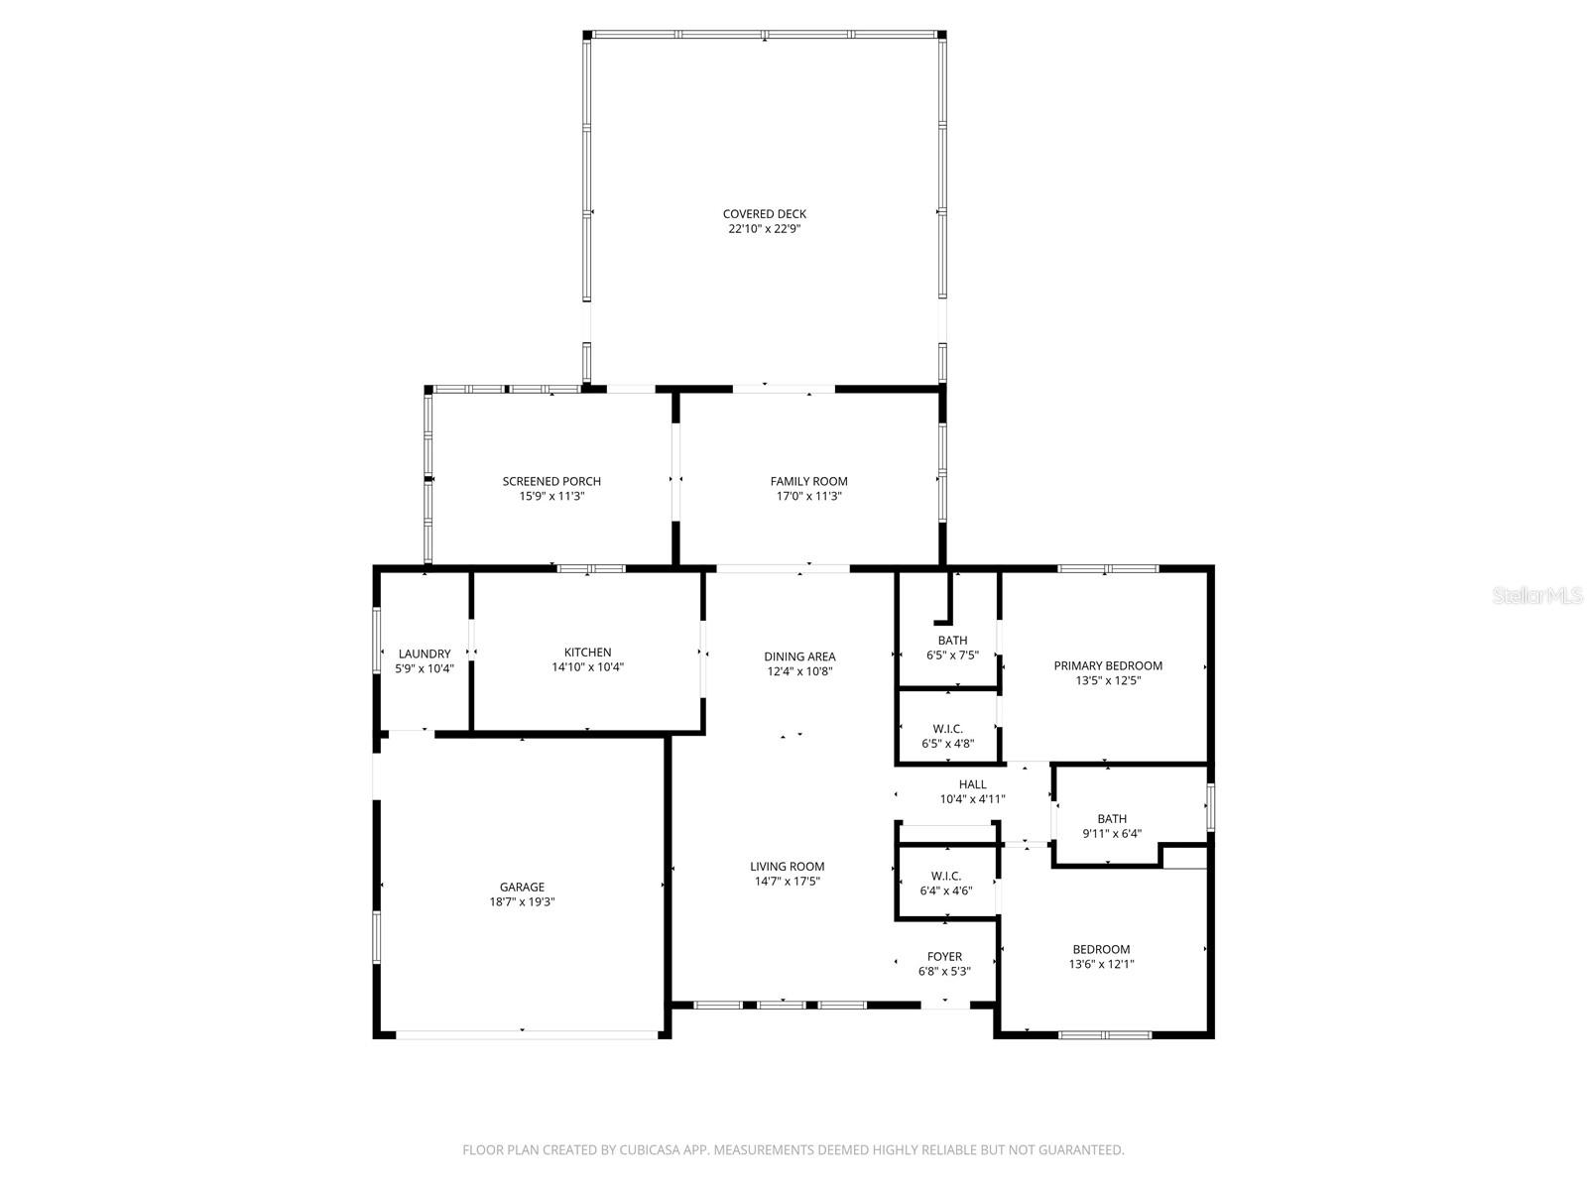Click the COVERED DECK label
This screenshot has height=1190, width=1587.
click(x=764, y=213)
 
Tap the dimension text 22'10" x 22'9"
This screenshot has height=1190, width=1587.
click(x=764, y=229)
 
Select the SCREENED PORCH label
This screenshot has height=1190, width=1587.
click(x=551, y=481)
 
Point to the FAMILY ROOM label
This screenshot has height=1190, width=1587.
click(x=808, y=481)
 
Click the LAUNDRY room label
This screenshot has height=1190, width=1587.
click(x=425, y=654)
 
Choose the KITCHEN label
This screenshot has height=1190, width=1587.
click(x=587, y=652)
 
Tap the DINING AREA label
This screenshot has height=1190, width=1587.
click(x=799, y=655)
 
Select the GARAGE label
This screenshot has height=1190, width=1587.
click(x=522, y=887)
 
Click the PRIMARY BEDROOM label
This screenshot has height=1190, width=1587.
click(x=1108, y=665)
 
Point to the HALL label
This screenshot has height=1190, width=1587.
click(x=972, y=783)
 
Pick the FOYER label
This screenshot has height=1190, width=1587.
click(x=944, y=956)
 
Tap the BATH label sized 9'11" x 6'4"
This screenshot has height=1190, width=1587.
click(x=1112, y=818)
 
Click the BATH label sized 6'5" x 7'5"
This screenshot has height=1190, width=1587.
click(x=952, y=640)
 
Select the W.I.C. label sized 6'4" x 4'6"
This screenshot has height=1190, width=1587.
click(x=945, y=875)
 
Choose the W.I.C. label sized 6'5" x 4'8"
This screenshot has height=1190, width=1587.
click(x=947, y=728)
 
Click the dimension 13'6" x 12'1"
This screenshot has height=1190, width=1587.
click(x=1101, y=964)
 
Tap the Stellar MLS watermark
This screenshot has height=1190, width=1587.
click(x=1538, y=595)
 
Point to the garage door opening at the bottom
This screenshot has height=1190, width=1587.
click(x=526, y=1034)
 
